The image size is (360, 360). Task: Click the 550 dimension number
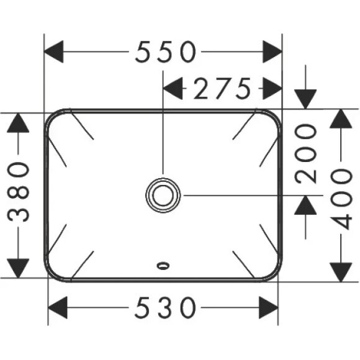[165, 52]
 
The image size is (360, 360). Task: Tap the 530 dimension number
[165, 306]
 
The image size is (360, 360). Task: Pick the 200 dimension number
[305, 153]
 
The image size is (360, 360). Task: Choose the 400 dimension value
[341, 194]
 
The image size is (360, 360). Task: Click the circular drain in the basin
[163, 194]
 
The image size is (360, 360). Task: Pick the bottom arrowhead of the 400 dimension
[341, 269]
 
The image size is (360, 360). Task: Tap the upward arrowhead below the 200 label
[305, 205]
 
